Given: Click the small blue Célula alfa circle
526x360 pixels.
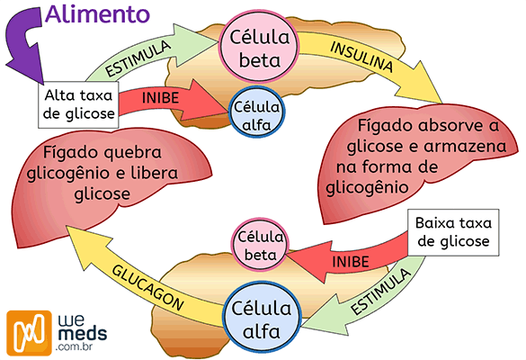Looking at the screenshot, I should [256, 115].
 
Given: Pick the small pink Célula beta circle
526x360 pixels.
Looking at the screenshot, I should [258, 244].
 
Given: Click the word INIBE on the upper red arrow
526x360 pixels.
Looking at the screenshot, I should [162, 97].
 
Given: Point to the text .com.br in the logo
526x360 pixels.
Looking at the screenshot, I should [81, 346].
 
